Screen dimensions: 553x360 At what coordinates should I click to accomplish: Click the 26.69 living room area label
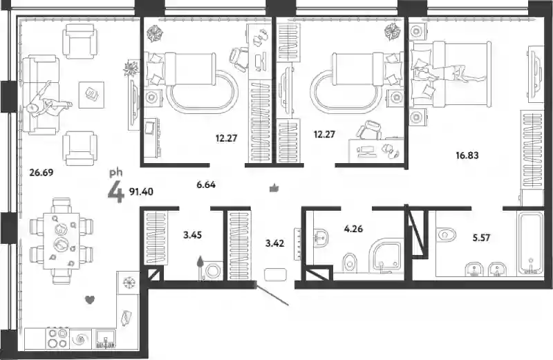[41, 173]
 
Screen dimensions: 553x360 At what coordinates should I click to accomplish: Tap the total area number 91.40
[141, 191]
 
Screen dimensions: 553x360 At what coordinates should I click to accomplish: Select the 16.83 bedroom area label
[467, 155]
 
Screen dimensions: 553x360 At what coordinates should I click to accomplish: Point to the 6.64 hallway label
[206, 184]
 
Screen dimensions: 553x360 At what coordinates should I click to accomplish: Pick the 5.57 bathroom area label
[481, 238]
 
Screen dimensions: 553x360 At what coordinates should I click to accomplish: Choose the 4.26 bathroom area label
[353, 229]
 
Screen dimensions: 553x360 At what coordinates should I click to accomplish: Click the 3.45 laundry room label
[193, 234]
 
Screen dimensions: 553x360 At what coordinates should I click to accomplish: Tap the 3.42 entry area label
[274, 243]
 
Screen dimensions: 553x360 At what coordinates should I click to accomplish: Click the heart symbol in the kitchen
[91, 300]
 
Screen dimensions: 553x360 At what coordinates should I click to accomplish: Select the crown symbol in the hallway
[274, 188]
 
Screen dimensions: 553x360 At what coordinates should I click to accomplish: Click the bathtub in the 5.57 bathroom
[530, 243]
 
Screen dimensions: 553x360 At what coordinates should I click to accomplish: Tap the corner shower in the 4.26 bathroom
[386, 255]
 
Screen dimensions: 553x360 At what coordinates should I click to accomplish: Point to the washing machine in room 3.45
[214, 271]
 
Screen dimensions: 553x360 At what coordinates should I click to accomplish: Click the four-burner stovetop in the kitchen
[57, 339]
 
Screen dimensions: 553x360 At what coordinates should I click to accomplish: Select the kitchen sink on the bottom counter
[106, 339]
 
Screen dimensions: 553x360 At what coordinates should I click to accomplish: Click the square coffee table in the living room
[91, 95]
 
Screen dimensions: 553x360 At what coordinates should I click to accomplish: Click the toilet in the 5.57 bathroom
[446, 234]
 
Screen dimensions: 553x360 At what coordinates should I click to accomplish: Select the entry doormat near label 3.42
[275, 275]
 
